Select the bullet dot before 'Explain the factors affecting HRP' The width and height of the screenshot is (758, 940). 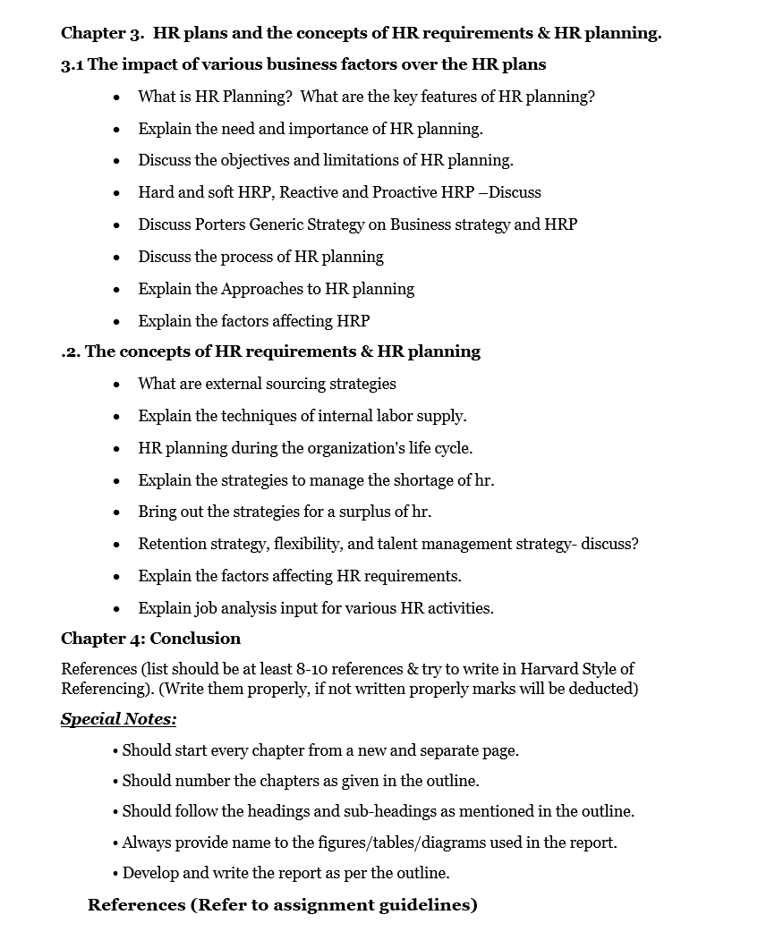point(117,322)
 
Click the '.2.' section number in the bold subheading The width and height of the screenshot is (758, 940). point(71,351)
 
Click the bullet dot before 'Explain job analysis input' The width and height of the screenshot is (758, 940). point(117,609)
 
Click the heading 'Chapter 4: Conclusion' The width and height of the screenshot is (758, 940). point(150,639)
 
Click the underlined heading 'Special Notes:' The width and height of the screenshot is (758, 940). point(118,720)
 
